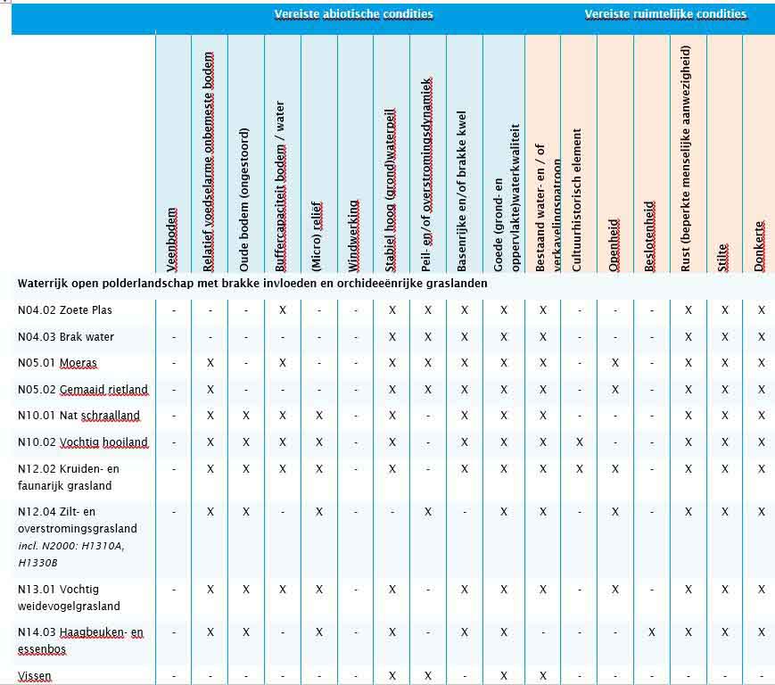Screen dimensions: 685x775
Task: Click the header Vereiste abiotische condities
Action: tap(353, 14)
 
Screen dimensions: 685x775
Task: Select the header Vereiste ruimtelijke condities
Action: tap(665, 14)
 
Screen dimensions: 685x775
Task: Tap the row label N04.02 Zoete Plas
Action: tap(65, 310)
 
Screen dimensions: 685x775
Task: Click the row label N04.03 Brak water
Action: tap(66, 337)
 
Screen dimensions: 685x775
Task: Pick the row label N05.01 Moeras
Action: tap(58, 363)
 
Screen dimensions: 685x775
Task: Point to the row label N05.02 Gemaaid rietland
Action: tap(83, 390)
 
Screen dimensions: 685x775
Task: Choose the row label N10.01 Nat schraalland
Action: tap(78, 416)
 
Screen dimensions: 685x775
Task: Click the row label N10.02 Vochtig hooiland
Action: tap(83, 442)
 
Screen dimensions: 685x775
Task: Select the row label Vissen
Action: tap(35, 676)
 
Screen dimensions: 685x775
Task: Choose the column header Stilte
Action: tap(724, 256)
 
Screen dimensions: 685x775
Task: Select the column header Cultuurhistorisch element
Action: tap(578, 200)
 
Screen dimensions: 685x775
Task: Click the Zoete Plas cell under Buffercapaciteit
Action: tap(282, 310)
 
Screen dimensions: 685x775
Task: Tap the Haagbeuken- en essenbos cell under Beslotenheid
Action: tap(651, 632)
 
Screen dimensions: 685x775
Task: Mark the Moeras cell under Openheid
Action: tap(614, 363)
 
